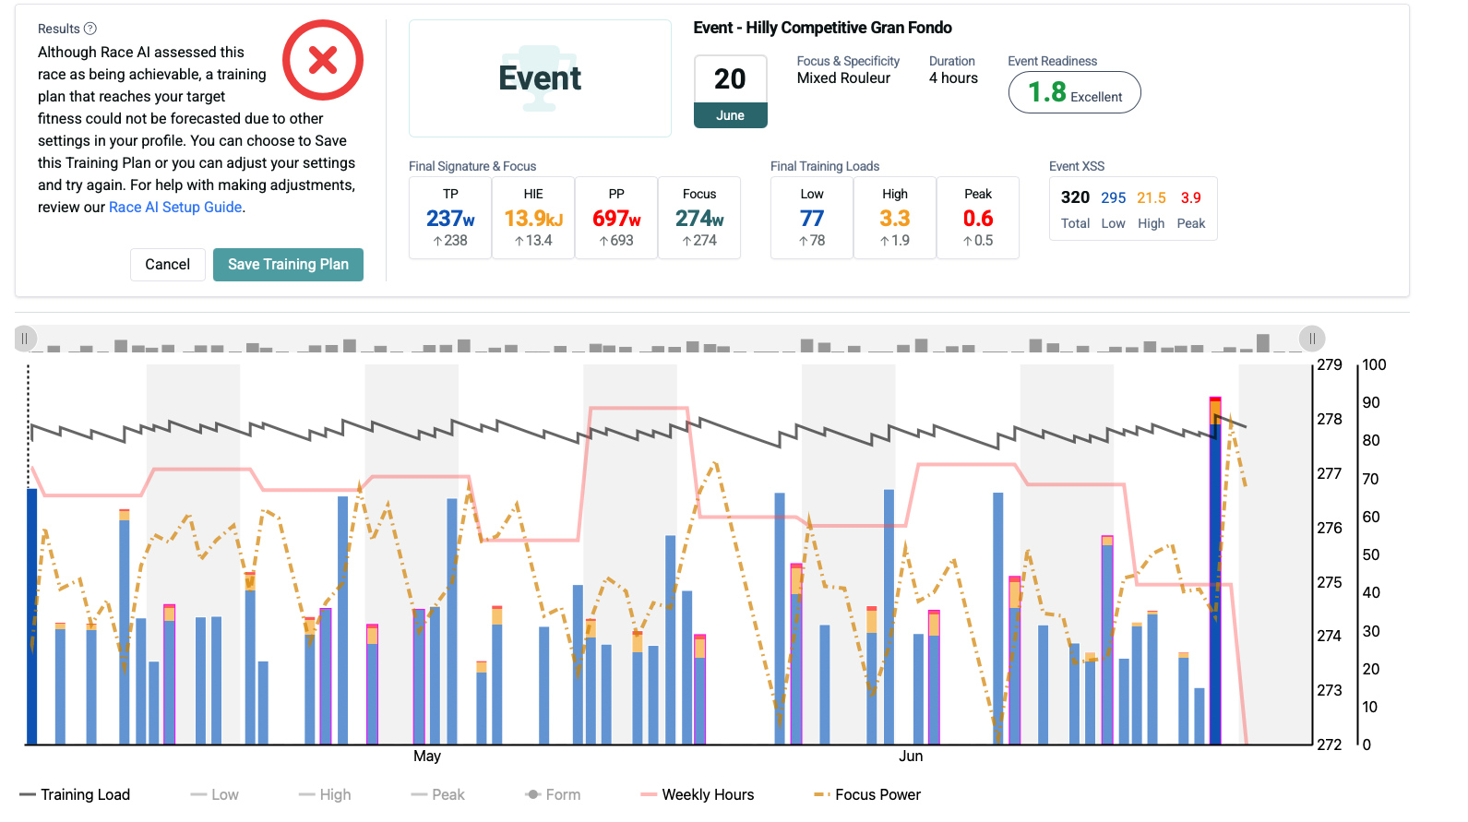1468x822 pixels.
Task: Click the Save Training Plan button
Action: (x=288, y=264)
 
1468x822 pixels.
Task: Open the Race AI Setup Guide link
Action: (x=175, y=207)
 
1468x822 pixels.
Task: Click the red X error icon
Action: (x=322, y=60)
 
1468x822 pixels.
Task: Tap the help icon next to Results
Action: (x=90, y=29)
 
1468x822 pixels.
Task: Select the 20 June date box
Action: (x=730, y=90)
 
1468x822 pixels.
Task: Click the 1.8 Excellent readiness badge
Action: (x=1074, y=92)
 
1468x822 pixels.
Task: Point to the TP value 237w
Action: (x=450, y=219)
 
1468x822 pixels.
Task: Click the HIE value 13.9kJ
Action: (x=533, y=219)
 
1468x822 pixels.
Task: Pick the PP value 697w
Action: (x=616, y=219)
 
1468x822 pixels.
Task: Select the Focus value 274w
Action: (x=699, y=219)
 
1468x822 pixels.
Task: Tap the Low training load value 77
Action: (x=812, y=219)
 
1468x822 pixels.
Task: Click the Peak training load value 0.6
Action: (x=978, y=219)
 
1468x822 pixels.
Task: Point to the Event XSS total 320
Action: (x=1075, y=197)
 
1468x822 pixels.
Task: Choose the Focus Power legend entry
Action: (x=867, y=794)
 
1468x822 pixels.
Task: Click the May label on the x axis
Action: (x=427, y=756)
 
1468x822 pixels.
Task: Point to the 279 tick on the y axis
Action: (x=1330, y=364)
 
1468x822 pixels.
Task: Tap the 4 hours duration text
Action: (x=953, y=78)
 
